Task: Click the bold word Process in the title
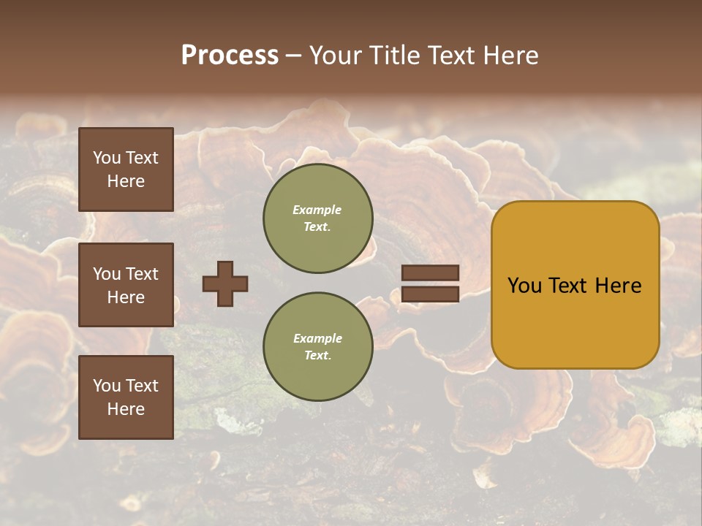[x=230, y=56]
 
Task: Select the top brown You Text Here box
[x=126, y=169]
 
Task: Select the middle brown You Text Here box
[x=126, y=285]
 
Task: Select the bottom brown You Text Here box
[x=126, y=397]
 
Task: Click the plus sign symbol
[x=225, y=283]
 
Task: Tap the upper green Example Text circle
[x=317, y=218]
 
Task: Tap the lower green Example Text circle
[x=317, y=347]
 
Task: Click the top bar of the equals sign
[x=430, y=273]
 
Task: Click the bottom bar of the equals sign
[x=430, y=294]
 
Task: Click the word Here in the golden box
[x=618, y=286]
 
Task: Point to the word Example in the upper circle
[x=317, y=210]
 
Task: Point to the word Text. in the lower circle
[x=317, y=356]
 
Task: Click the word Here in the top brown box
[x=126, y=181]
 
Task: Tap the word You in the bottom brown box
[x=107, y=386]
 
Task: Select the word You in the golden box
[x=524, y=286]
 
